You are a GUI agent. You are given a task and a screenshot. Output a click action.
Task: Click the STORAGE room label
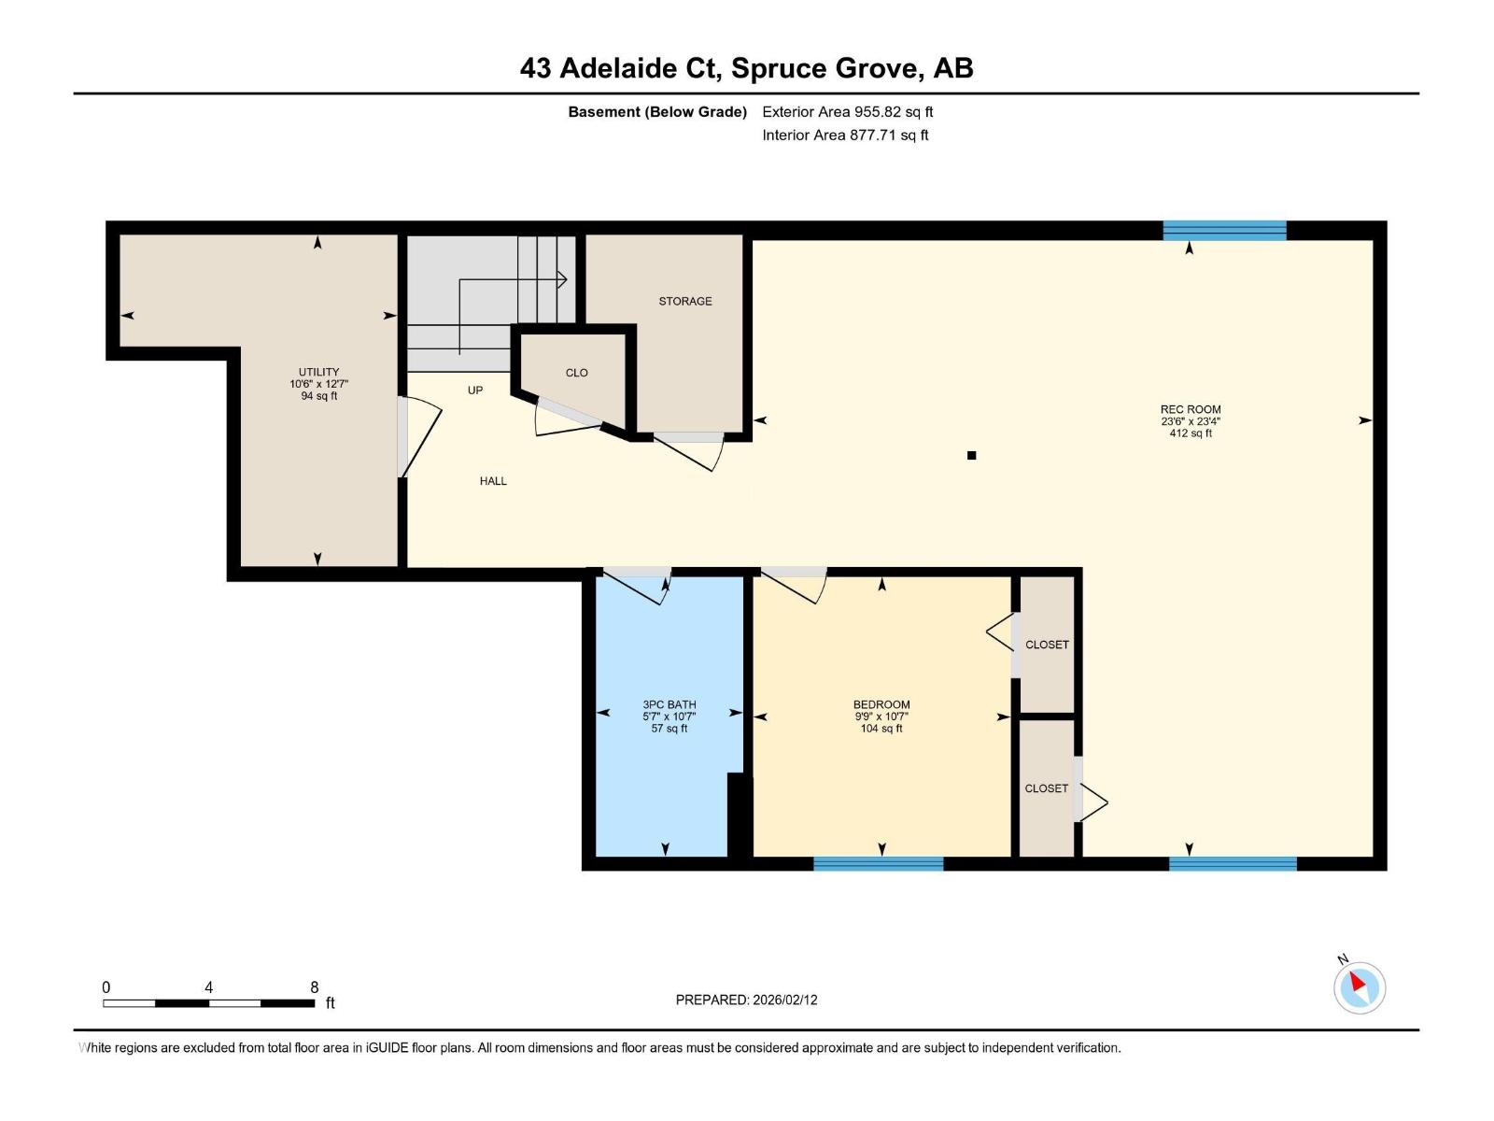tap(684, 301)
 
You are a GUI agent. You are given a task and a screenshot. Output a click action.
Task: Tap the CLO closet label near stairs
tap(576, 373)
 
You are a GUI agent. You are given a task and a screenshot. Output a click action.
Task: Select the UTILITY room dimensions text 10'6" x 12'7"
tap(318, 384)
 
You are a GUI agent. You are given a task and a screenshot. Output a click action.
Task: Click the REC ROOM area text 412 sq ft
tap(1191, 433)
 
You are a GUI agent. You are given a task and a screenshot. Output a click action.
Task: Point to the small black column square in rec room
tap(971, 456)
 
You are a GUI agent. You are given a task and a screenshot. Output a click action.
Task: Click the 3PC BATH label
tap(669, 704)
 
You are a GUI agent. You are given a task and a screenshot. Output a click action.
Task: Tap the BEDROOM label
tap(881, 704)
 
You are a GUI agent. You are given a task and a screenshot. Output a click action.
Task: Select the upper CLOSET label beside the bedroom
tap(1047, 645)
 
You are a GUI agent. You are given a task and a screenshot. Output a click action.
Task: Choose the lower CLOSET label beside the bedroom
tap(1046, 788)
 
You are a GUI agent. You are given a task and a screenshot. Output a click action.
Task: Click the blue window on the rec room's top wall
tap(1224, 231)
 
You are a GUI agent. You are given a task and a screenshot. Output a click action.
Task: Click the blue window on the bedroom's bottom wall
tap(878, 864)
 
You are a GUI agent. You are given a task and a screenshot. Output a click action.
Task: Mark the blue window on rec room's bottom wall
tap(1233, 864)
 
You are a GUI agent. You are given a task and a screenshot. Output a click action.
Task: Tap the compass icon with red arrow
tap(1359, 987)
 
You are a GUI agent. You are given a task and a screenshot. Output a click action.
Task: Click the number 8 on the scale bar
tap(315, 987)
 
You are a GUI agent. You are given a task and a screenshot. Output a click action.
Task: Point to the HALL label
tap(493, 481)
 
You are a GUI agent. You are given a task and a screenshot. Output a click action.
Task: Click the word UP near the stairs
tap(475, 390)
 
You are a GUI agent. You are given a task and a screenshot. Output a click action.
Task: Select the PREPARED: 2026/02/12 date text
tap(746, 1000)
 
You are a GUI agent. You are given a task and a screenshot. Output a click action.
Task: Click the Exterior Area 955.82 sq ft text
tap(847, 112)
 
